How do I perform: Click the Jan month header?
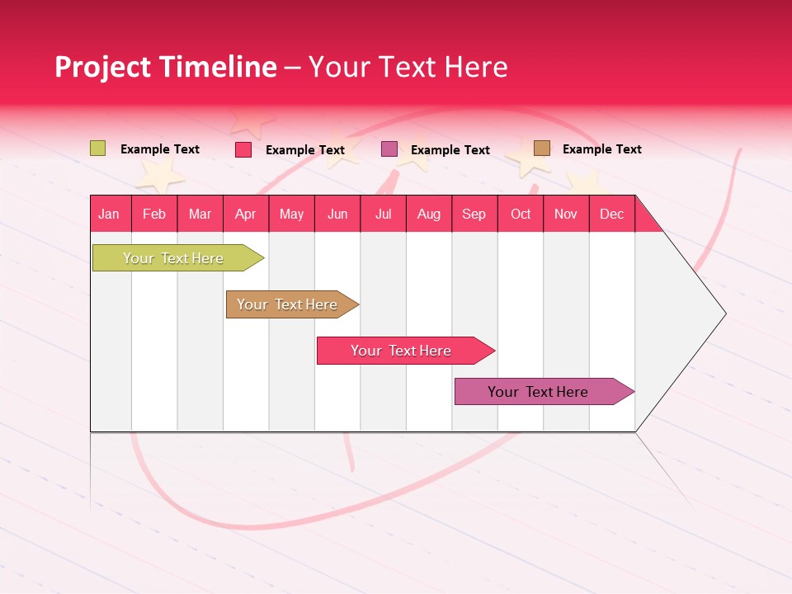109,214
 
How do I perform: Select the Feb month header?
154,214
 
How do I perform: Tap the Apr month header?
245,214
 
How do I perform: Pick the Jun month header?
337,214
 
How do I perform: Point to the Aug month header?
428,214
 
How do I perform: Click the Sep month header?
474,214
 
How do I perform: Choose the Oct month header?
520,214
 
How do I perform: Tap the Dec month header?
611,214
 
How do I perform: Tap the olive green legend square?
98,148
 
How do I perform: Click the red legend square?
243,149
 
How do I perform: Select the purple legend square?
389,149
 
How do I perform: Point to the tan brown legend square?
542,148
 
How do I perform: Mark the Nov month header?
566,214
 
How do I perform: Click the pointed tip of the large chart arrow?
724,313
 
